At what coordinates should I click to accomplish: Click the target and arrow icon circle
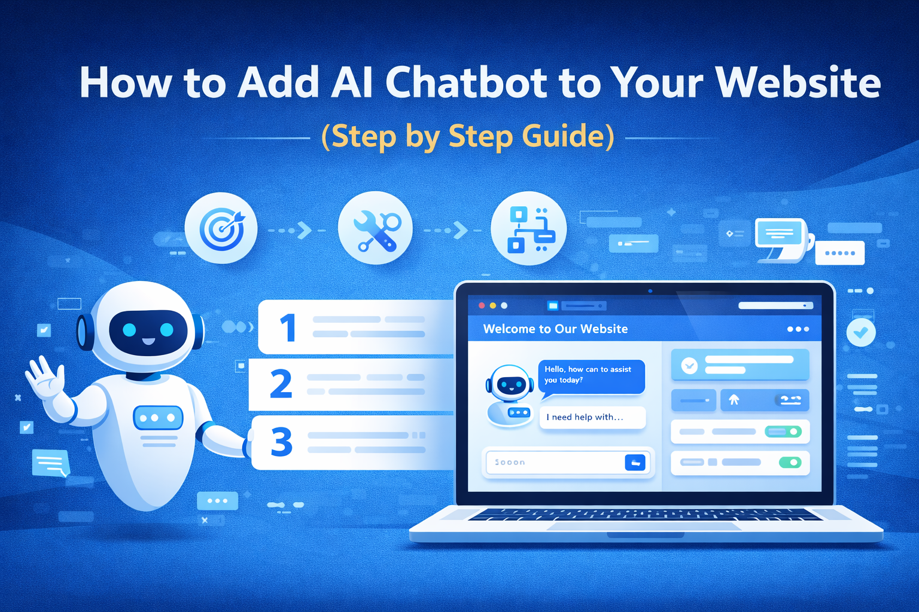[221, 228]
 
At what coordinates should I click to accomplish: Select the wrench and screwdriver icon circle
[375, 228]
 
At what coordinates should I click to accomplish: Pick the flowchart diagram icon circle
[528, 228]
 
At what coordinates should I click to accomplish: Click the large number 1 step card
[353, 327]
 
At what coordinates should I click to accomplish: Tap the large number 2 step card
[350, 384]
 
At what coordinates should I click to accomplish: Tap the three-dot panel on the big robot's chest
[158, 418]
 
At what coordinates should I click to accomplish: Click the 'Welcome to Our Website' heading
[555, 329]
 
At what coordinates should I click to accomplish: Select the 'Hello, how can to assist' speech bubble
[591, 375]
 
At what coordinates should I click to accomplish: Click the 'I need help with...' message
[592, 417]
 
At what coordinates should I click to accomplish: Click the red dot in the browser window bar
[482, 305]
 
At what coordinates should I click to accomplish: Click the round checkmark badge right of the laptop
[860, 332]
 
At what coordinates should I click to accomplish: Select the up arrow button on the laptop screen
[734, 400]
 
